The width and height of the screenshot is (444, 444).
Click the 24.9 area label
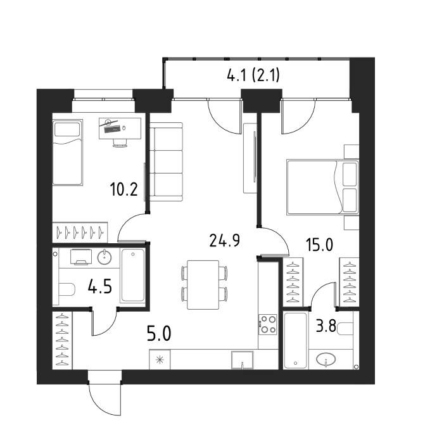tap(225, 241)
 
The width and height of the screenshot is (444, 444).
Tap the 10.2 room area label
tap(124, 189)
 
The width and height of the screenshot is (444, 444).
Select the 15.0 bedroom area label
tap(319, 244)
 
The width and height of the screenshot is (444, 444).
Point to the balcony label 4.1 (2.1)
tap(253, 75)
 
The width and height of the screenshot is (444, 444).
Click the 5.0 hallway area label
tap(159, 333)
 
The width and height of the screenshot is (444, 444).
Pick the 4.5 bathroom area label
tap(100, 286)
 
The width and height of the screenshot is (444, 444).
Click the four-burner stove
tap(267, 324)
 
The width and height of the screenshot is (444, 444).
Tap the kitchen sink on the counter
tap(243, 360)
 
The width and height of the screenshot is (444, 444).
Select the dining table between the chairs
tap(203, 285)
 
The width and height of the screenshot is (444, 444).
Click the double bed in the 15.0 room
tap(322, 187)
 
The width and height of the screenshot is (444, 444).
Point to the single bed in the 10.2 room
tap(68, 153)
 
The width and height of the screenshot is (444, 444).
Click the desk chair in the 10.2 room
tap(120, 143)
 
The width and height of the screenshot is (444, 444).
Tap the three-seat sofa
tap(166, 162)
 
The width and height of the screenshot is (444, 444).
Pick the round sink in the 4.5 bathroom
tap(105, 257)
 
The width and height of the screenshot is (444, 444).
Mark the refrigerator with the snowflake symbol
tap(160, 360)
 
